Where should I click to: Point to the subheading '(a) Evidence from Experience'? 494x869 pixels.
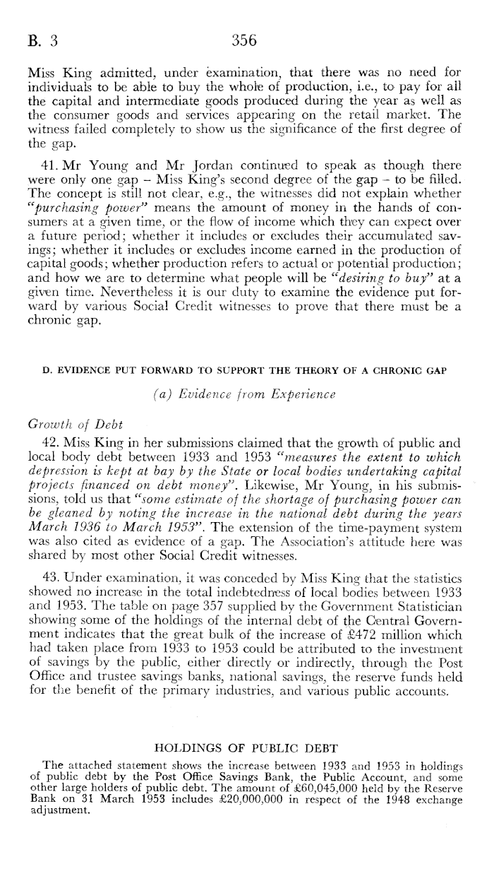point(247,398)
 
